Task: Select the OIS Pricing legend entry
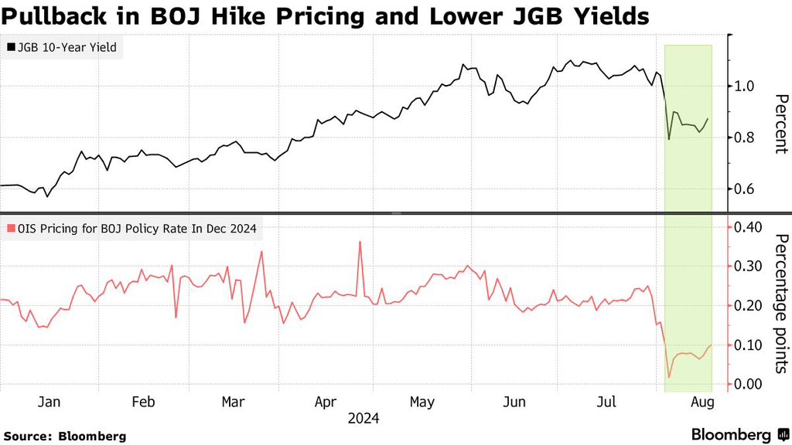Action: [132, 229]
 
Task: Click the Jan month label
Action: [49, 403]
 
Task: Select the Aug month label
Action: [702, 403]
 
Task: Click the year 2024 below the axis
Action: [363, 419]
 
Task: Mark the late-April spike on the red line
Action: [360, 242]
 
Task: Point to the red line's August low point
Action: [669, 377]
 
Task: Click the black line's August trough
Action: [669, 139]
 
